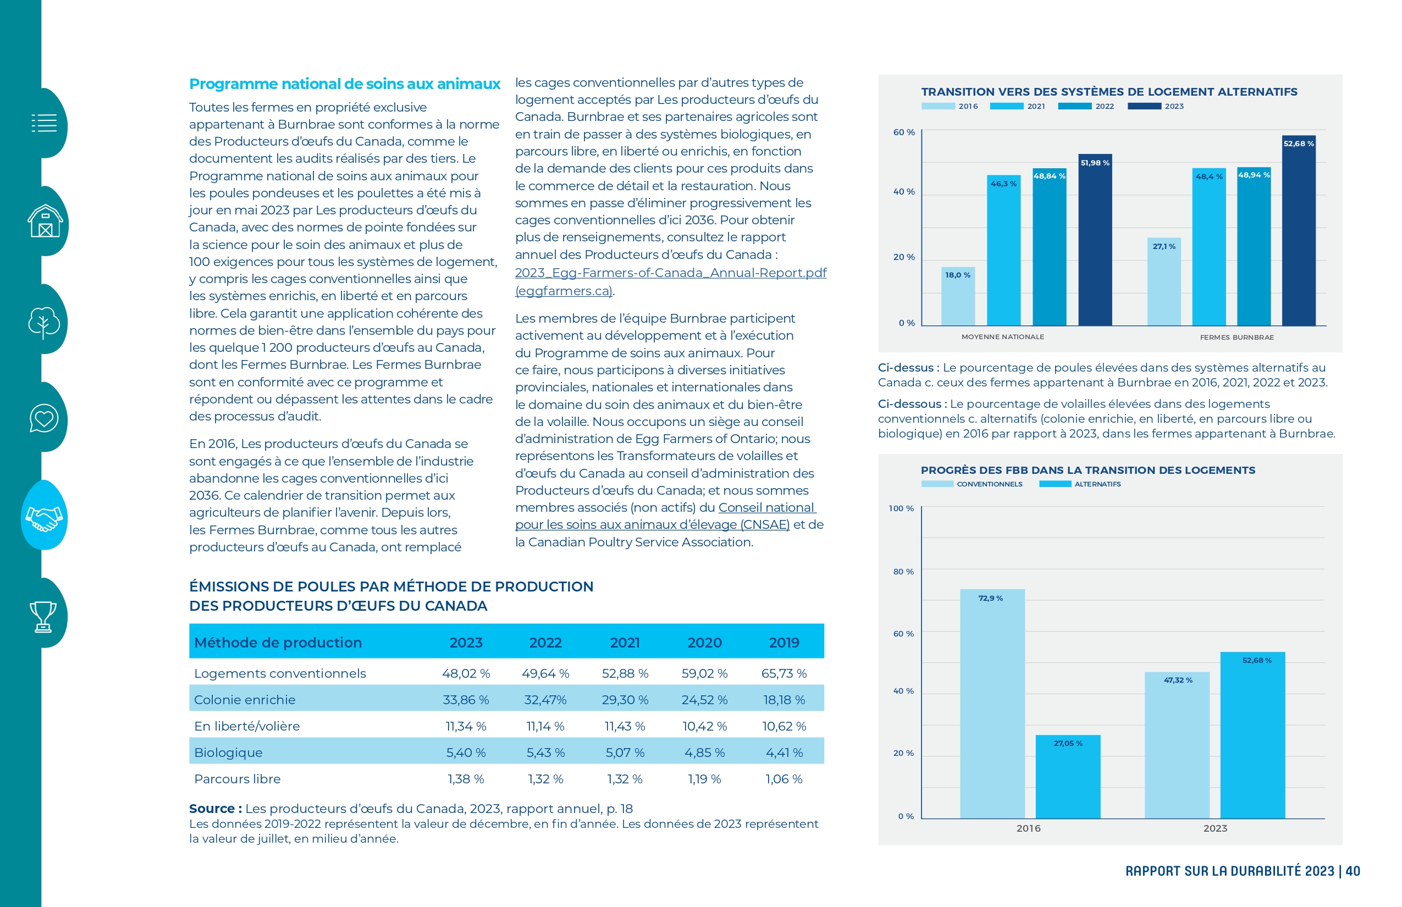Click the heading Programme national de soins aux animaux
(x=345, y=84)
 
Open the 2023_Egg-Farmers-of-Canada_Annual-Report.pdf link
(x=670, y=273)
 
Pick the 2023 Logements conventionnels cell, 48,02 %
(x=466, y=673)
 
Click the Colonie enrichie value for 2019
(x=784, y=700)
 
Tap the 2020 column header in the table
(x=704, y=643)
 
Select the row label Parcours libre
(x=238, y=778)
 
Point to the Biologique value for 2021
(x=625, y=753)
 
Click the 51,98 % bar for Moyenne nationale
(x=1095, y=240)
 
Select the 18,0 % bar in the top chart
(x=958, y=296)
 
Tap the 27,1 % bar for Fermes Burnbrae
(x=1164, y=281)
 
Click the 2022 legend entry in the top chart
(x=1086, y=107)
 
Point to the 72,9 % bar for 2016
(x=992, y=704)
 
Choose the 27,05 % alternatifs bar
(x=1068, y=777)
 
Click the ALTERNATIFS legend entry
(x=1080, y=484)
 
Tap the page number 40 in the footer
(x=1353, y=871)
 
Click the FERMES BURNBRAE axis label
(x=1237, y=338)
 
